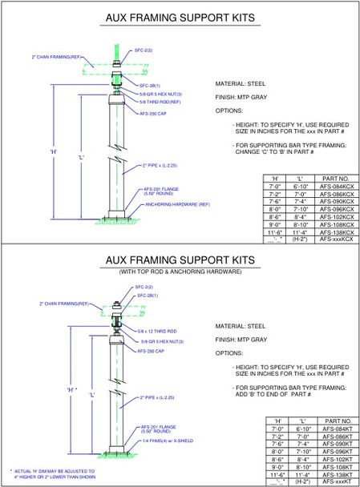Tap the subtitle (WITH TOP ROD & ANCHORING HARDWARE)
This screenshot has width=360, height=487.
click(x=180, y=272)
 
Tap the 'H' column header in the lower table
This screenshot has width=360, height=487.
click(x=276, y=421)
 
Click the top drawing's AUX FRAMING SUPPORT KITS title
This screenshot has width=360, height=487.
click(x=180, y=17)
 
